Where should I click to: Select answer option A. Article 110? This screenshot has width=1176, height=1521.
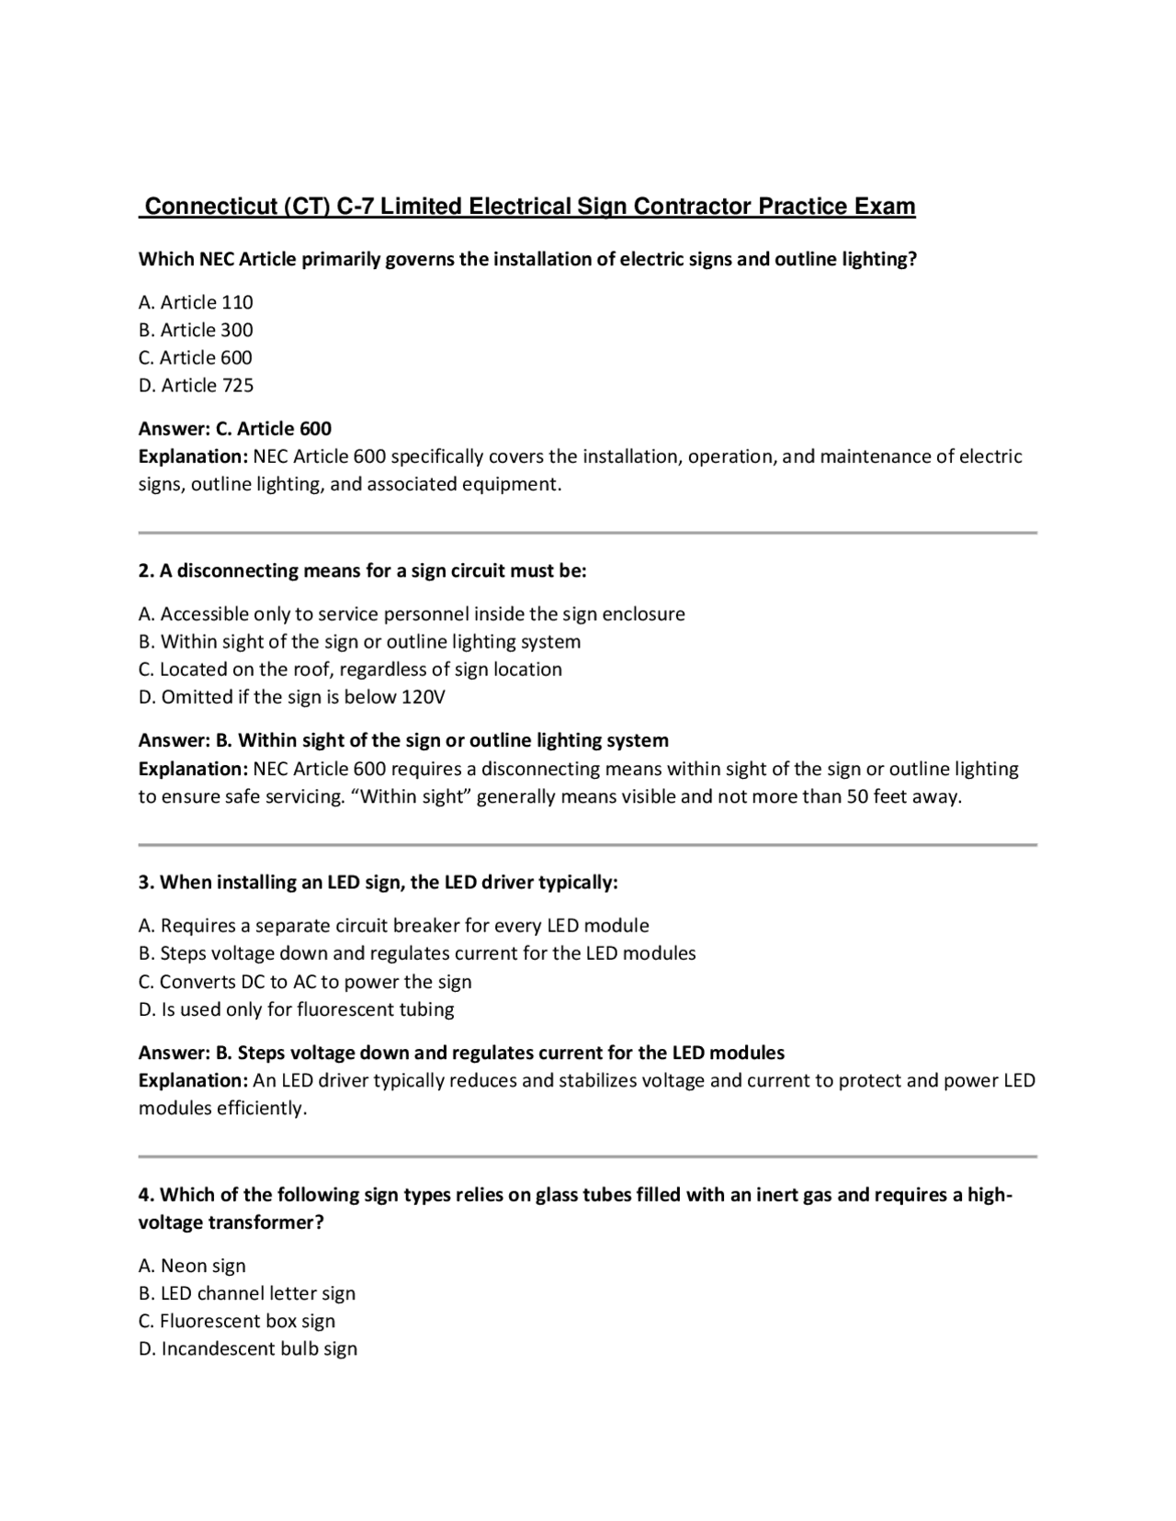[x=196, y=302]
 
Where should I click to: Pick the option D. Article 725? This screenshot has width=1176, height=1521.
[x=196, y=385]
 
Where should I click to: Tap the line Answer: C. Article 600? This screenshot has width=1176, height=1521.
[x=234, y=429]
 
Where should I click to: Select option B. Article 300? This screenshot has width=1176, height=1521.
[x=196, y=330]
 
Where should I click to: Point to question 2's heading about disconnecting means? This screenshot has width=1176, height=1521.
[x=362, y=570]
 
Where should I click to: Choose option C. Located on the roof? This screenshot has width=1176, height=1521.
[x=350, y=670]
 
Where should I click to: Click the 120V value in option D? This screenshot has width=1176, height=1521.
[x=423, y=697]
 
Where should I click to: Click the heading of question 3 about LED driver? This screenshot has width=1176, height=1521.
[x=378, y=883]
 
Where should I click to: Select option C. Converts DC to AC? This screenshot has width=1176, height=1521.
[x=305, y=982]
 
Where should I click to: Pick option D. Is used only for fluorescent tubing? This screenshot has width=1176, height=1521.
[x=296, y=1009]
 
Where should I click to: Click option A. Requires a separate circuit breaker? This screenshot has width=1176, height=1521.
[x=393, y=926]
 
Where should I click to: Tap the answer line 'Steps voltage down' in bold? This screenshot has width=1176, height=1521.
[x=461, y=1053]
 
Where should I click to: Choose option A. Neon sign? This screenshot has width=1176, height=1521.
[x=192, y=1266]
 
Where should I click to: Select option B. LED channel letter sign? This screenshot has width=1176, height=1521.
[x=246, y=1293]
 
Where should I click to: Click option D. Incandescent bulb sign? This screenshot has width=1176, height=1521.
[x=247, y=1348]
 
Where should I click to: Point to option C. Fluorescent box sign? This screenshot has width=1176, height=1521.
[x=236, y=1321]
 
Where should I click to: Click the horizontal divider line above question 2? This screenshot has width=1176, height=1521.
[x=587, y=533]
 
